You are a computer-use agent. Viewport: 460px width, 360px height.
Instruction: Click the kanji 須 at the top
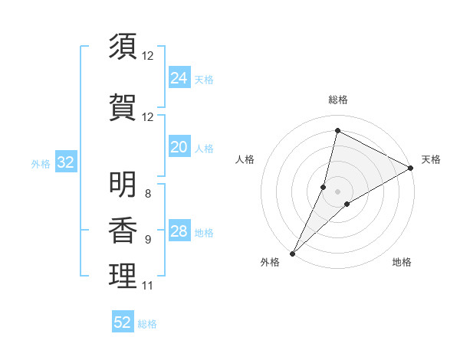[123, 47]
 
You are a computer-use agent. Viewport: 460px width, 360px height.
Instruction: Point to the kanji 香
[123, 230]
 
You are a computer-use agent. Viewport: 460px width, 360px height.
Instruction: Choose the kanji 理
[123, 276]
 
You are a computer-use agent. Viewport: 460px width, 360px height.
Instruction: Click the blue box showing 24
[179, 78]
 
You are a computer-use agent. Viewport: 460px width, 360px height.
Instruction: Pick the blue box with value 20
[179, 147]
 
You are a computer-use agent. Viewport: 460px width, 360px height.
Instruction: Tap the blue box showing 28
[179, 231]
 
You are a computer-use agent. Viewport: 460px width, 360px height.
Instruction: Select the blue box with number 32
[65, 162]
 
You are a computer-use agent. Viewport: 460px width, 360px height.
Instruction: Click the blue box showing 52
[123, 322]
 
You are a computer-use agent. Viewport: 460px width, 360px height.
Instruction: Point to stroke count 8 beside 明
[147, 194]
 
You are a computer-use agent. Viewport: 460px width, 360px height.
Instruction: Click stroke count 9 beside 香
[147, 240]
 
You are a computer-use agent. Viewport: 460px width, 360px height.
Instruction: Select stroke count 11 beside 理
[147, 286]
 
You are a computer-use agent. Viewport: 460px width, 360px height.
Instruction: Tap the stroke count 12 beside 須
[147, 56]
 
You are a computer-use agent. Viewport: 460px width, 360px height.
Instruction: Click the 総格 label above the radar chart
[337, 100]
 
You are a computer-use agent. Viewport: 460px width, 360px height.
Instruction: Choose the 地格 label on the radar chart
[402, 263]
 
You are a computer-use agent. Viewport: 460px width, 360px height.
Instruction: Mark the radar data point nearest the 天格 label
[411, 168]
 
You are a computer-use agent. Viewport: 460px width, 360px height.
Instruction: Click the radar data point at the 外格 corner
[292, 253]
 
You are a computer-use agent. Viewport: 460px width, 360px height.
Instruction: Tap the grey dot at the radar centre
[337, 191]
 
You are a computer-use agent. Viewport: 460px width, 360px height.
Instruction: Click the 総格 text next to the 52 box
[147, 324]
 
